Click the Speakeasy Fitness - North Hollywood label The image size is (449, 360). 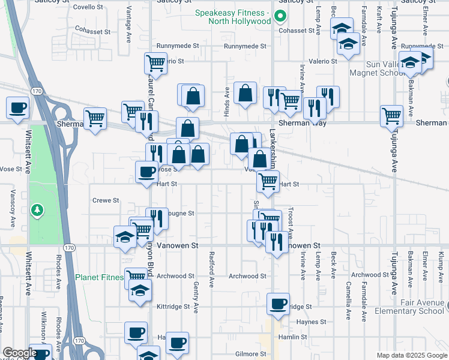233,17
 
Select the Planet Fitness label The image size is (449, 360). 100,277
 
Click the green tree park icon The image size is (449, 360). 37,210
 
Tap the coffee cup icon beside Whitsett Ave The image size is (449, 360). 18,107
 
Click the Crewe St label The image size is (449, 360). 106,200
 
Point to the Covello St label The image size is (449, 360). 88,7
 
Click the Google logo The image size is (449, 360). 20,353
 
